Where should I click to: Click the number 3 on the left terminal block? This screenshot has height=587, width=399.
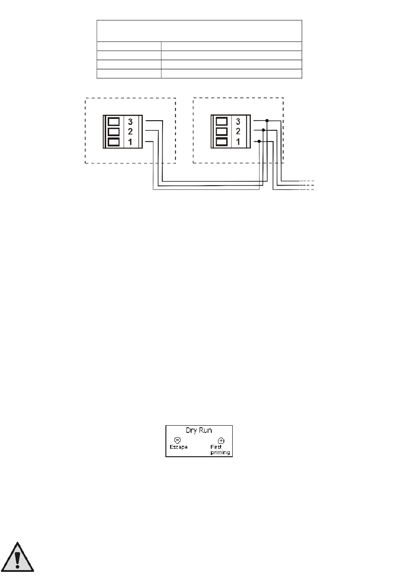pyautogui.click(x=130, y=122)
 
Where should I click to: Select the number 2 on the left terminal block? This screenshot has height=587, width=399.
pyautogui.click(x=130, y=132)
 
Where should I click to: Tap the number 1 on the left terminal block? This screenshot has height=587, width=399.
pyautogui.click(x=130, y=142)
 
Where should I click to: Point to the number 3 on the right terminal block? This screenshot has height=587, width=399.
pyautogui.click(x=238, y=122)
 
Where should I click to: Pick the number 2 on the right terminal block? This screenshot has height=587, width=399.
pyautogui.click(x=238, y=132)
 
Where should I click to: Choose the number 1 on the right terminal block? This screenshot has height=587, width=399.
pyautogui.click(x=238, y=142)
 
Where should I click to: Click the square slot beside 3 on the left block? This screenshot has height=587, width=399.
pyautogui.click(x=114, y=122)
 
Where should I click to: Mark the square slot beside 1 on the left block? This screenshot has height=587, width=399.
pyautogui.click(x=114, y=142)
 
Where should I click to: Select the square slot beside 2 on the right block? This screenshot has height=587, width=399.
pyautogui.click(x=222, y=132)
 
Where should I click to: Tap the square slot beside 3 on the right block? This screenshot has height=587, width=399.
pyautogui.click(x=222, y=122)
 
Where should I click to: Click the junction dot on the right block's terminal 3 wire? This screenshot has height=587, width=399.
pyautogui.click(x=267, y=121)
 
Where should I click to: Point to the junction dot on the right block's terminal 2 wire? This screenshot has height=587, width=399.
pyautogui.click(x=263, y=130)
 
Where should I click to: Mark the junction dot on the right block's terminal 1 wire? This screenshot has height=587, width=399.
pyautogui.click(x=259, y=142)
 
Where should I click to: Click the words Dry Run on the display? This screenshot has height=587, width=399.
pyautogui.click(x=199, y=431)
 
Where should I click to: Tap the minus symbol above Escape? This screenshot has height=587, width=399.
pyautogui.click(x=177, y=440)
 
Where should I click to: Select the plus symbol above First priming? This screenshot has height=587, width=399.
pyautogui.click(x=221, y=441)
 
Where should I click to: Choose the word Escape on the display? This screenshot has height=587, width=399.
pyautogui.click(x=178, y=447)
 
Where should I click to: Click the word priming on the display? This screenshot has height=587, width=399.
pyautogui.click(x=220, y=453)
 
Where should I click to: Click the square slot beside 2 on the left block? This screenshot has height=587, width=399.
pyautogui.click(x=114, y=132)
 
